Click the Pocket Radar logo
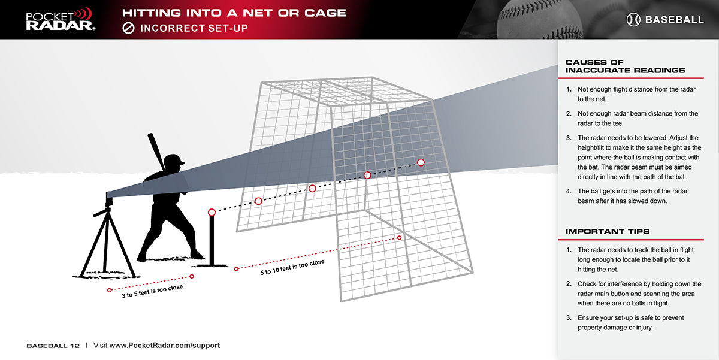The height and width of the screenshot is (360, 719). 61,19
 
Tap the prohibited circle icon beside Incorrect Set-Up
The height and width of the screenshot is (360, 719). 128,28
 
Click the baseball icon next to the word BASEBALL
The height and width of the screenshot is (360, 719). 633,20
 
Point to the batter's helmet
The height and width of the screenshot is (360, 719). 174,160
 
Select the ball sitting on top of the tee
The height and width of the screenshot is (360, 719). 212,212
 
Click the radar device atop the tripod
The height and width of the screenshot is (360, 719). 109,199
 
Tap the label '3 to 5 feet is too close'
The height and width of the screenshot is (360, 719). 152,291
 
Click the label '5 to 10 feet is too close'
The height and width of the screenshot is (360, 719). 292,267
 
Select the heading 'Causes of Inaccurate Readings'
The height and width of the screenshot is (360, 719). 625,66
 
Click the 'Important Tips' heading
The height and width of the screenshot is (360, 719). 608,231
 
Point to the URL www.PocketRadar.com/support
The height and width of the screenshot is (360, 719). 165,346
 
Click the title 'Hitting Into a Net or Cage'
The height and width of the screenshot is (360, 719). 234,13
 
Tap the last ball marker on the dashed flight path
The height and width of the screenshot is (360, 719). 421,162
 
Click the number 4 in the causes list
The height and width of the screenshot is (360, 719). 569,192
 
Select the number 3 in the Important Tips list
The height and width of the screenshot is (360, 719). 569,318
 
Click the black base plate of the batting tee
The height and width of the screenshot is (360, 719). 210,266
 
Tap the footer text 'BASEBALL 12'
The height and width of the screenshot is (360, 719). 53,346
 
